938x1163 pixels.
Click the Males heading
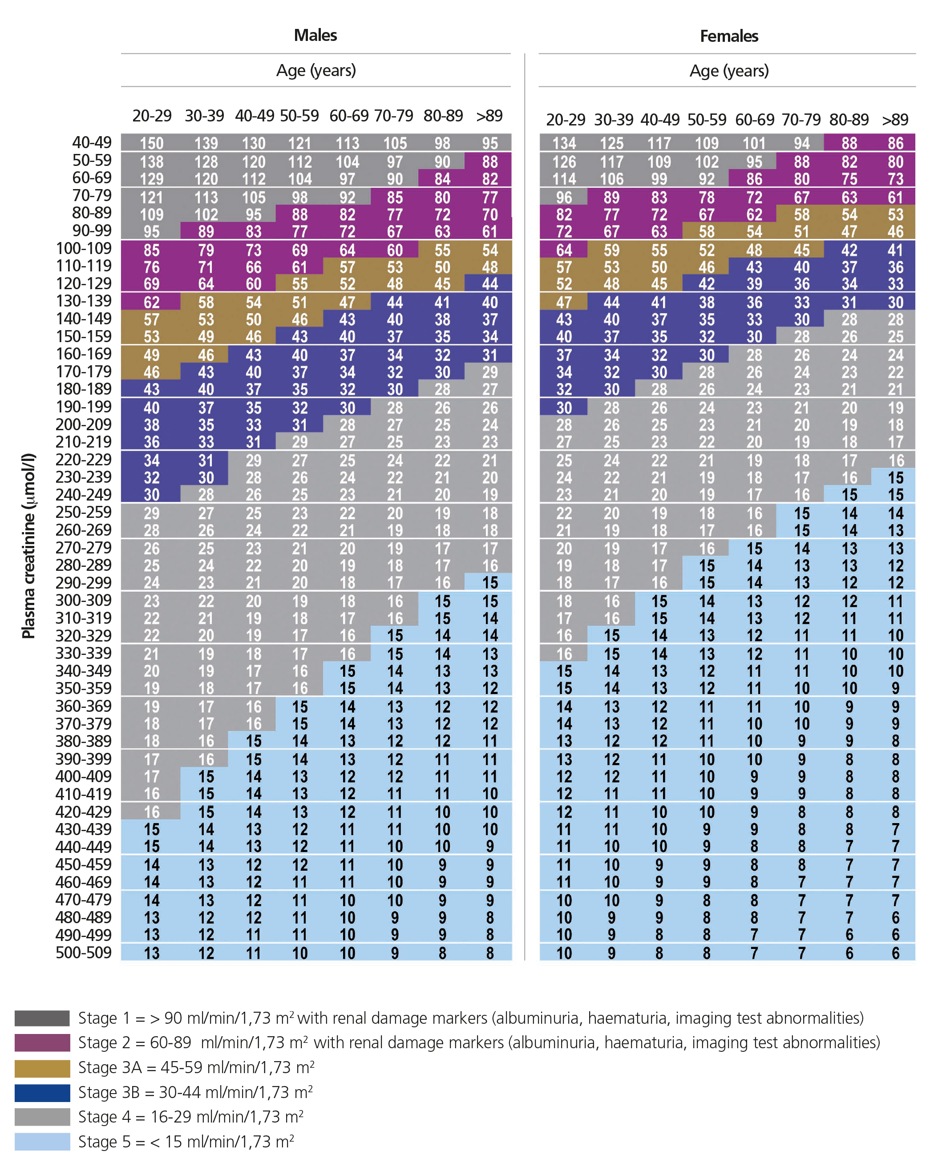(x=315, y=36)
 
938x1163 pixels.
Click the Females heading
(x=729, y=36)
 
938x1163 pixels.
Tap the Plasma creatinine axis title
(x=28, y=545)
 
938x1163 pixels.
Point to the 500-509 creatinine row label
(x=84, y=952)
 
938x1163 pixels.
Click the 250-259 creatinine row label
(x=84, y=512)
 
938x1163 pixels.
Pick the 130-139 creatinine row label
(x=84, y=301)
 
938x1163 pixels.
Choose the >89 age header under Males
(x=489, y=116)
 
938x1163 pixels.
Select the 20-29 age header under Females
(x=565, y=119)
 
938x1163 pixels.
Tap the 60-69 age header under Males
(x=349, y=116)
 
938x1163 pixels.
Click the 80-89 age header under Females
(x=849, y=119)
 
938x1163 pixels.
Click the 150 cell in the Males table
(x=152, y=143)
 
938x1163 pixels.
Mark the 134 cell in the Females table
(x=564, y=143)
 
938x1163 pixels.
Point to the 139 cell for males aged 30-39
(x=206, y=143)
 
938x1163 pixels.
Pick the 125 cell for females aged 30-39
(x=612, y=143)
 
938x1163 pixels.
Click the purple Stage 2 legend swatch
(x=42, y=1042)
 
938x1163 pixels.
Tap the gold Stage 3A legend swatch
(x=42, y=1068)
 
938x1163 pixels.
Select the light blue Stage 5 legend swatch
(x=42, y=1141)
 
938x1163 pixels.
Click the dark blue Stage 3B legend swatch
(x=42, y=1092)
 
